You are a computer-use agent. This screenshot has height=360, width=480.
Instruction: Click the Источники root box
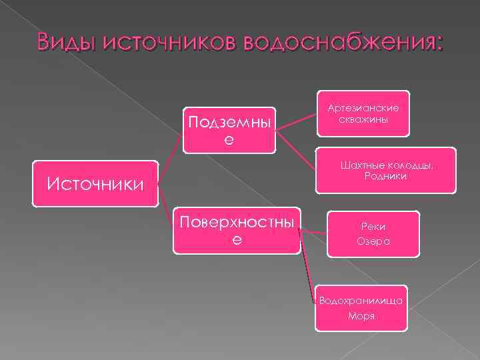point(95,182)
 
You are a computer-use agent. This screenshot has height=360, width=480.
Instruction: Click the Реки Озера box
point(373,234)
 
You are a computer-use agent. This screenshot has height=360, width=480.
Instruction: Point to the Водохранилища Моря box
point(361,308)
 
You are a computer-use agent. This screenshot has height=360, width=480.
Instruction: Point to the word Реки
point(373,227)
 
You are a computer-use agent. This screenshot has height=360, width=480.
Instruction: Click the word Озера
point(373,241)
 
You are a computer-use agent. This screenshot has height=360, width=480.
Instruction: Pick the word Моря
point(361,316)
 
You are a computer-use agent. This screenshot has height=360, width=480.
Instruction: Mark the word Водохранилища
point(361,301)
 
